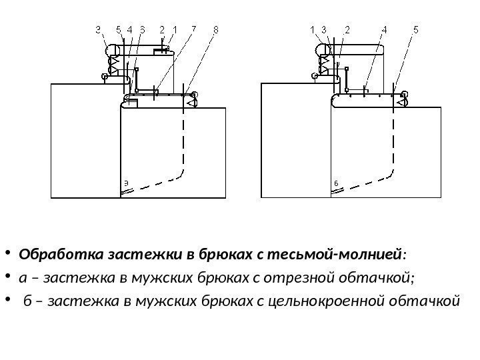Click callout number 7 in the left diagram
pos(193,29)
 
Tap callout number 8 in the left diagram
pos(216,29)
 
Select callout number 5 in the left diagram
pos(118,29)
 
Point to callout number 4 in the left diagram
pos(130,29)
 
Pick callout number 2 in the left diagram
pos(162,29)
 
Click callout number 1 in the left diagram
pos(175,29)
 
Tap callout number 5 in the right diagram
pos(416,29)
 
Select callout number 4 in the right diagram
pos(385,29)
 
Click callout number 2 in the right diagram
pos(347,29)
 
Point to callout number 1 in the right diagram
pos(313,29)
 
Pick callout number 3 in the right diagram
pos(323,29)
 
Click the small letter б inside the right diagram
pos(336,182)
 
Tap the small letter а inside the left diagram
pos(127,182)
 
